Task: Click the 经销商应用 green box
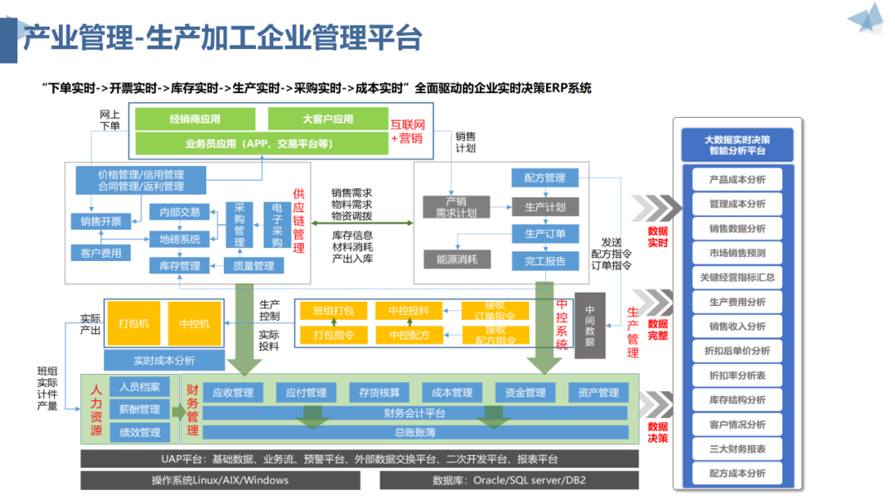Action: pyautogui.click(x=195, y=119)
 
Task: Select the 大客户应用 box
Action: pyautogui.click(x=327, y=119)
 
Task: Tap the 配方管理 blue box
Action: pyautogui.click(x=544, y=177)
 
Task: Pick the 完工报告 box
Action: pyautogui.click(x=544, y=262)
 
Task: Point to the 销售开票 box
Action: pyautogui.click(x=101, y=221)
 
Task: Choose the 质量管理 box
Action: pyautogui.click(x=254, y=266)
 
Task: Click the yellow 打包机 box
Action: pyautogui.click(x=133, y=323)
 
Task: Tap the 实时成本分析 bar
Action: pyautogui.click(x=164, y=361)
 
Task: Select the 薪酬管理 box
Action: pyautogui.click(x=139, y=409)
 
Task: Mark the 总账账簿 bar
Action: pyautogui.click(x=404, y=432)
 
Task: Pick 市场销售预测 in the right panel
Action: pyautogui.click(x=737, y=253)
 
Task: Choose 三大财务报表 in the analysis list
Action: pyautogui.click(x=737, y=448)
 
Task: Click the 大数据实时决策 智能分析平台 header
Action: pyautogui.click(x=737, y=145)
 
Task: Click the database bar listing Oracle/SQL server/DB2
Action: pyautogui.click(x=509, y=480)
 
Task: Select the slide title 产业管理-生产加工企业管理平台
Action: pyautogui.click(x=222, y=37)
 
